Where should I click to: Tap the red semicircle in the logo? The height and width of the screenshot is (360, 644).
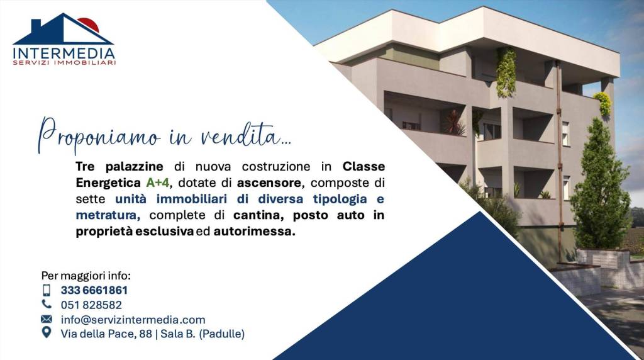coord(88,24)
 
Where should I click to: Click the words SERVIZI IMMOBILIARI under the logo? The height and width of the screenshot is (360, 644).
coord(64,63)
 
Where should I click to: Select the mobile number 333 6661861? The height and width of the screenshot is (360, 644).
coord(94,290)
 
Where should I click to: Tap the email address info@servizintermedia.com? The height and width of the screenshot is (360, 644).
coord(133,320)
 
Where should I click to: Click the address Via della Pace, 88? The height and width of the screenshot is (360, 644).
coord(106,334)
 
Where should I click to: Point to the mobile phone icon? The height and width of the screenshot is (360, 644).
coord(47,290)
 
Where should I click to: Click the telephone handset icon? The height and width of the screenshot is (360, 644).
coord(47,304)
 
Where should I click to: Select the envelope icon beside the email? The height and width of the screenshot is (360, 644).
coord(47,319)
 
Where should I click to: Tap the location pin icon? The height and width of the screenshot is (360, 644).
coord(47,333)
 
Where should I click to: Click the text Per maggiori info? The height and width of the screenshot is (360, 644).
coord(86,276)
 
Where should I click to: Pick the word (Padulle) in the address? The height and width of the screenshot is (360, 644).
coord(221,334)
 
